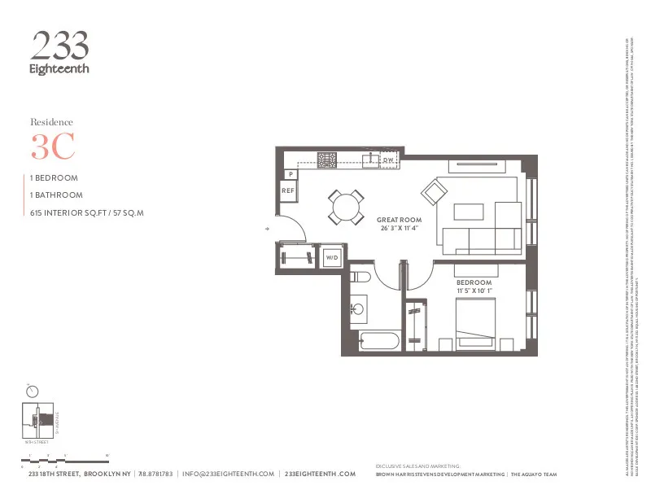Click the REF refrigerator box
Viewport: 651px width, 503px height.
[287, 190]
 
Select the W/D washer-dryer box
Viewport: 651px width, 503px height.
[332, 257]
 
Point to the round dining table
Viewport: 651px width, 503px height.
[347, 207]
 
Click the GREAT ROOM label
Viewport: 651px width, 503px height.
[398, 220]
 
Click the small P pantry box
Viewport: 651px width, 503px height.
[291, 174]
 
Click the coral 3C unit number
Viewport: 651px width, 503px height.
[53, 147]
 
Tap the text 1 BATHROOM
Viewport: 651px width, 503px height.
[56, 195]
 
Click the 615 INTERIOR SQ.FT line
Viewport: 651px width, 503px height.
[86, 213]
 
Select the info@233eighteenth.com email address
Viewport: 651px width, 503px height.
[228, 474]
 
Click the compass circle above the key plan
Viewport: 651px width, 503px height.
[33, 391]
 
